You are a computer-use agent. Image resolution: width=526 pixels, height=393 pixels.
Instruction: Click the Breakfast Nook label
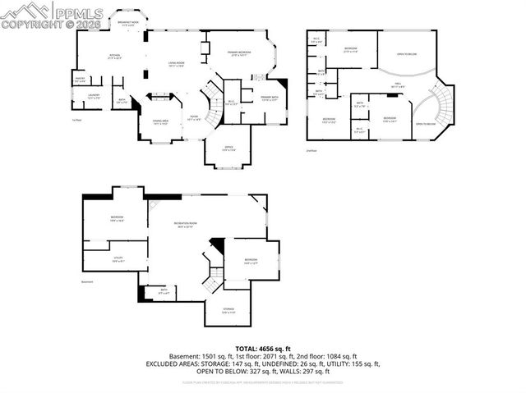coord(127,23)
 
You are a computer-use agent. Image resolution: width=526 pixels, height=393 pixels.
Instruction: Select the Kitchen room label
coord(115,57)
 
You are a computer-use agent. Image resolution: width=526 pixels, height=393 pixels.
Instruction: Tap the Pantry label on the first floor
coord(81,80)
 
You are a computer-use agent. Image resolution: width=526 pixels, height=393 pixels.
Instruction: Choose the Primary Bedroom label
coord(241,53)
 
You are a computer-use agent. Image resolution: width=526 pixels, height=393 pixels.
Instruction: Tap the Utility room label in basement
coord(117,259)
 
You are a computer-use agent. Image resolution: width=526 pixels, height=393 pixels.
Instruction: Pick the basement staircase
coord(213,280)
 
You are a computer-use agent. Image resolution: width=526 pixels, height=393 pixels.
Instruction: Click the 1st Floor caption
coord(76,120)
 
